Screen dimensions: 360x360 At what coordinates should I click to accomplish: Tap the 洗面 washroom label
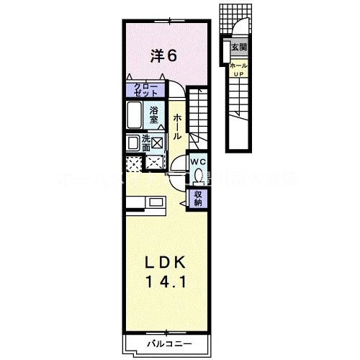[146, 142]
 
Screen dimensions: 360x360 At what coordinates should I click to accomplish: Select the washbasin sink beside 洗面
[133, 143]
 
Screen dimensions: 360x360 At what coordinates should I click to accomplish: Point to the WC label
[197, 162]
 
